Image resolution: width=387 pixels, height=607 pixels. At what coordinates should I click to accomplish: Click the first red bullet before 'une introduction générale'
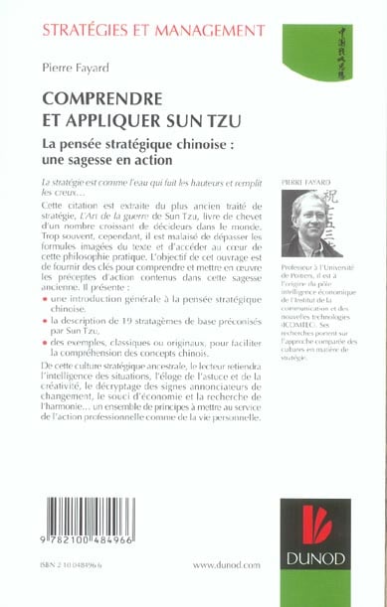pos(45,297)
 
